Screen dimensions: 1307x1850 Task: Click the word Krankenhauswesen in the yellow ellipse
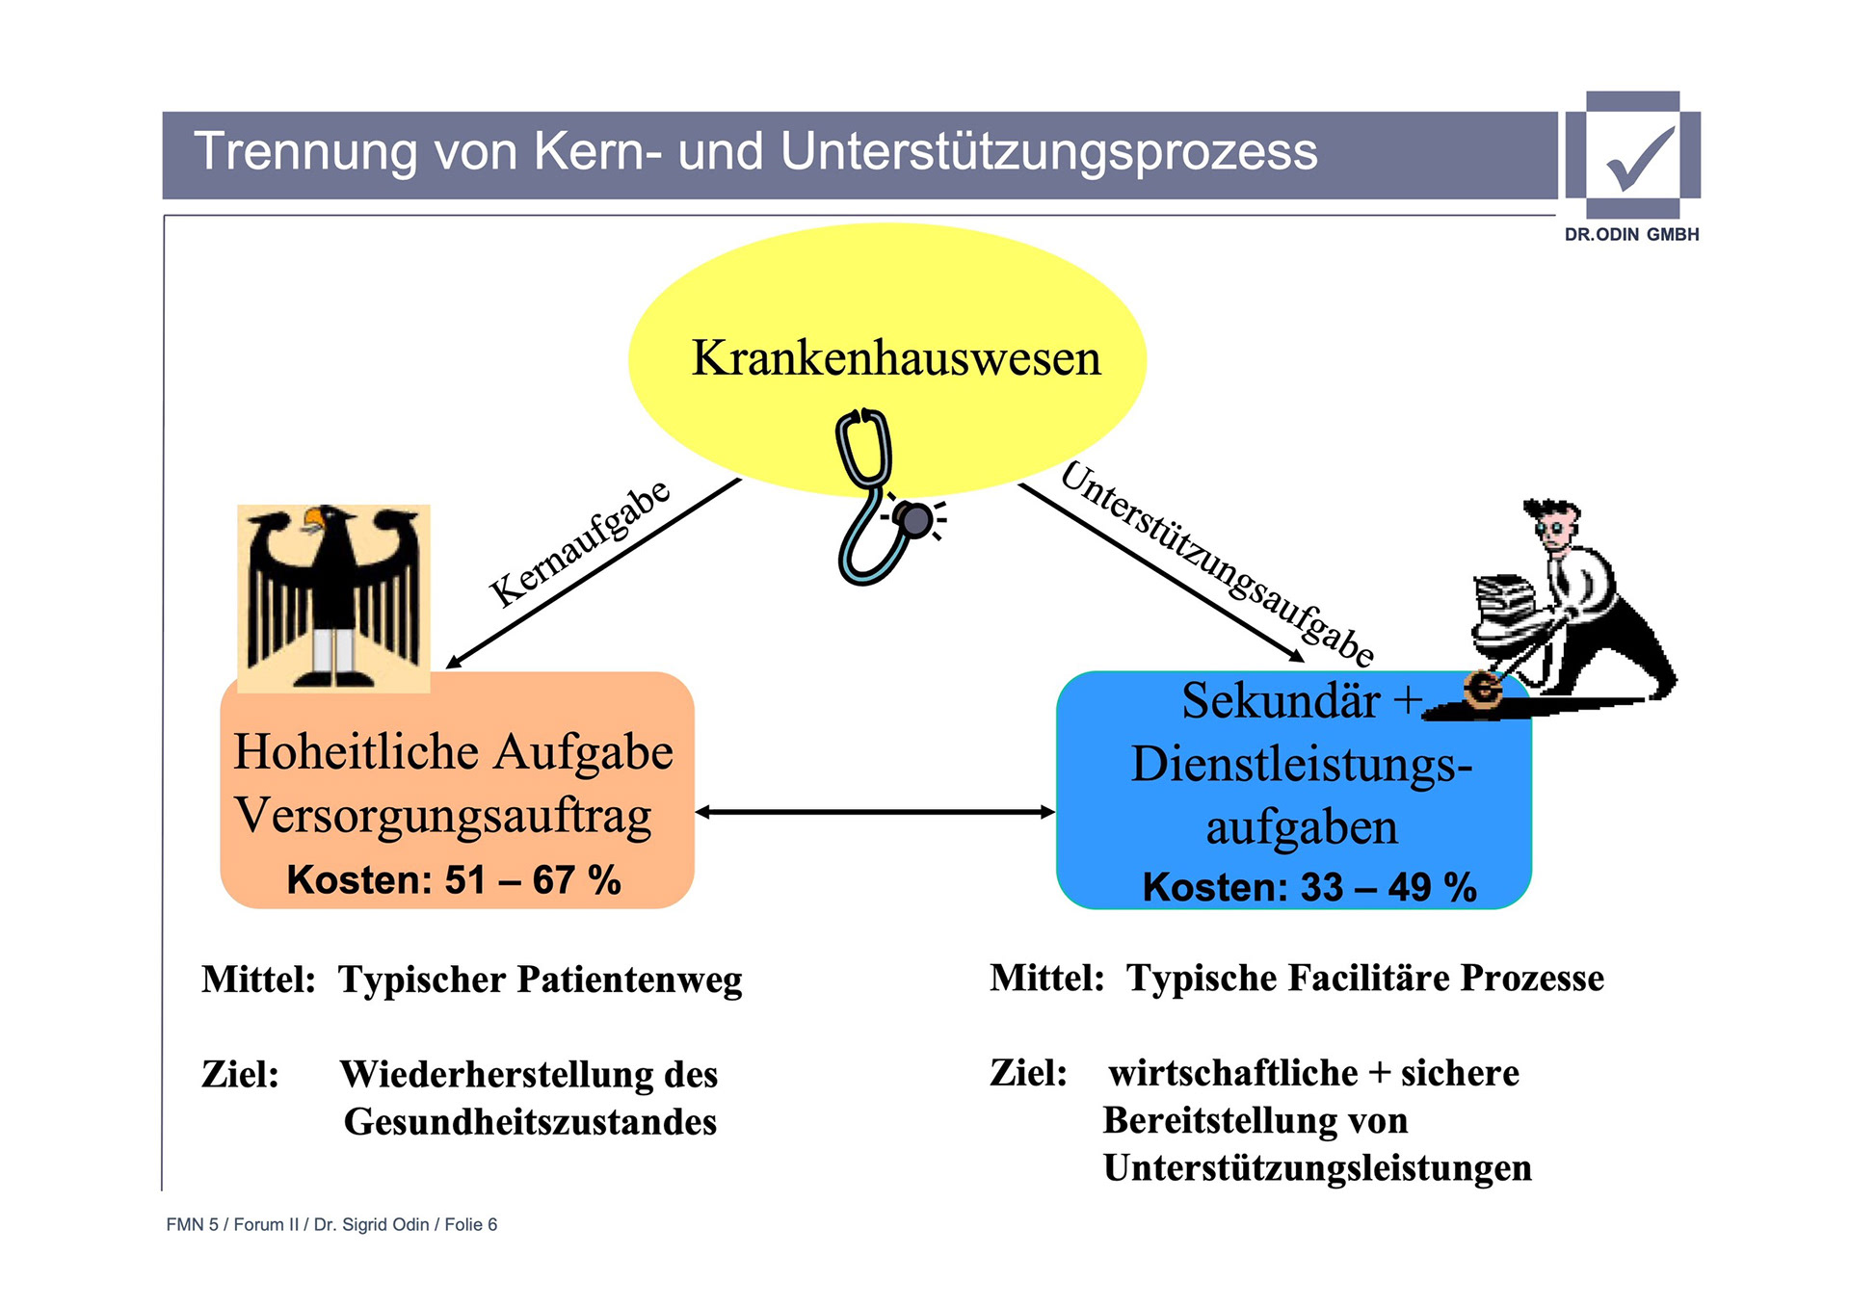pos(895,359)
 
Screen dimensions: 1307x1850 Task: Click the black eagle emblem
pos(333,597)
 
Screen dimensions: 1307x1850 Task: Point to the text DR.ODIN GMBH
pos(1631,235)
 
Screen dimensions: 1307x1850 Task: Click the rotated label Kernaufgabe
pos(579,543)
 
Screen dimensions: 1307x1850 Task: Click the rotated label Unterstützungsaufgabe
pos(1217,564)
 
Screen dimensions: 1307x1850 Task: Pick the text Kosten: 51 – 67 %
pos(454,880)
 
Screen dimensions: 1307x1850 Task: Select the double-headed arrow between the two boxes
pos(875,813)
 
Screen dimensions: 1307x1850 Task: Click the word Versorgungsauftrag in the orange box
pos(443,817)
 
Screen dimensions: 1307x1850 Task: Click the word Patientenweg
pos(629,980)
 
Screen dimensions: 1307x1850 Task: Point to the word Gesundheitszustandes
pos(530,1122)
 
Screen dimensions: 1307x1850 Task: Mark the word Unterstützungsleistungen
pos(1317,1168)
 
